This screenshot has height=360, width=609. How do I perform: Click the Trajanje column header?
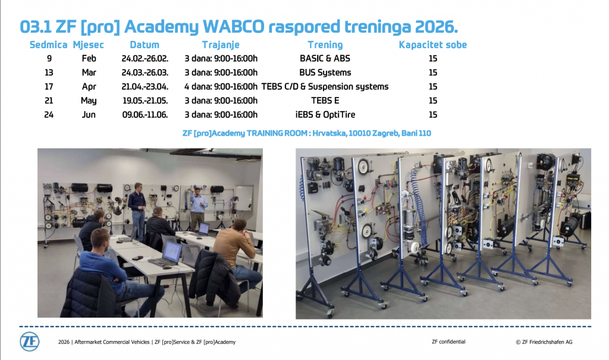click(x=221, y=45)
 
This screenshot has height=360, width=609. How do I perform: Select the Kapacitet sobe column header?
click(x=433, y=45)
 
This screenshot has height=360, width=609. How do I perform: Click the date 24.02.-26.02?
click(x=145, y=59)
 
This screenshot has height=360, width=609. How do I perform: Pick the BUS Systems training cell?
click(x=325, y=73)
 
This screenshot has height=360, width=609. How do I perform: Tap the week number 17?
click(x=49, y=87)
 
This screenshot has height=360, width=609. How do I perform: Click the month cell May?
click(x=89, y=101)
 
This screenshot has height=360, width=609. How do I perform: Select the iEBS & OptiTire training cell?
click(x=325, y=115)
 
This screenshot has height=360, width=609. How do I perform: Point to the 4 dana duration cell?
click(x=221, y=87)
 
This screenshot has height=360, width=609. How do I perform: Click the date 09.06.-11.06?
click(x=145, y=115)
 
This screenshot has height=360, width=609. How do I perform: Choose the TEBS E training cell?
click(x=325, y=101)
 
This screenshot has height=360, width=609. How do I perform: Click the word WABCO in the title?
click(x=233, y=27)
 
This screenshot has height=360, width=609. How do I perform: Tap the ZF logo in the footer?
click(x=30, y=342)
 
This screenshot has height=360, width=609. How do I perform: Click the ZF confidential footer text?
click(x=448, y=342)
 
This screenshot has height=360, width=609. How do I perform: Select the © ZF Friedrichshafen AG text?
click(x=544, y=342)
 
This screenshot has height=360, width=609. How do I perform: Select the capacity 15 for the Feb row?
click(x=433, y=59)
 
